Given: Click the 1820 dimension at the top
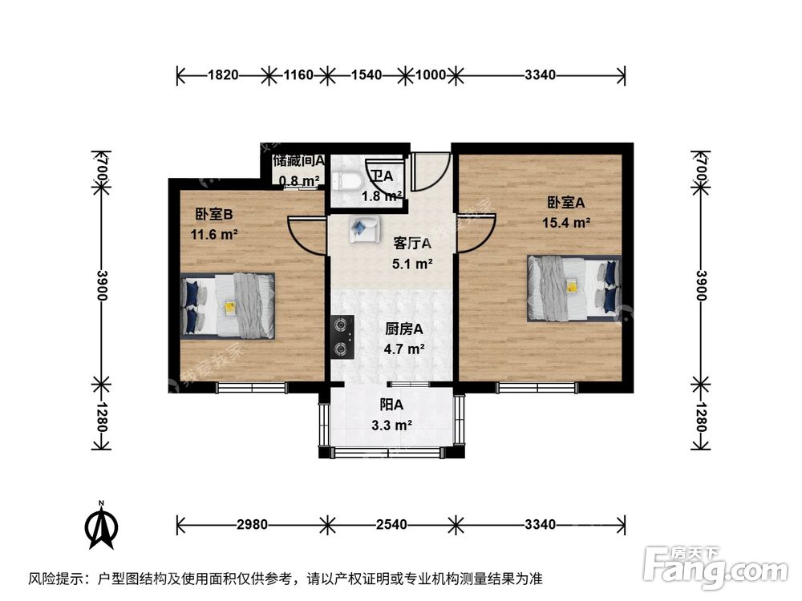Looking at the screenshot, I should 224,76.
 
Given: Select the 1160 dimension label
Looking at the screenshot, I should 298,76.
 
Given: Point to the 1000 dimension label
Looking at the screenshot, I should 431,76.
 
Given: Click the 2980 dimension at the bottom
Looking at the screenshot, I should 252,525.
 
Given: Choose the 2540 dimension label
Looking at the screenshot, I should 391,525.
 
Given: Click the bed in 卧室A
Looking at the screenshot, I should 573,288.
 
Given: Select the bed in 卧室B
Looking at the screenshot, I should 228,305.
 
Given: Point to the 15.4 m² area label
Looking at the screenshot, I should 570,223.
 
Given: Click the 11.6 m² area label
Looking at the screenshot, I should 213,235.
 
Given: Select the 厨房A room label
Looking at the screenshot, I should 404,329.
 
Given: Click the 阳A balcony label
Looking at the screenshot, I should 391,405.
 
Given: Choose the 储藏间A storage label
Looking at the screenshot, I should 298,161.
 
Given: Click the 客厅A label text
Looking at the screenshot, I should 412,243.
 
